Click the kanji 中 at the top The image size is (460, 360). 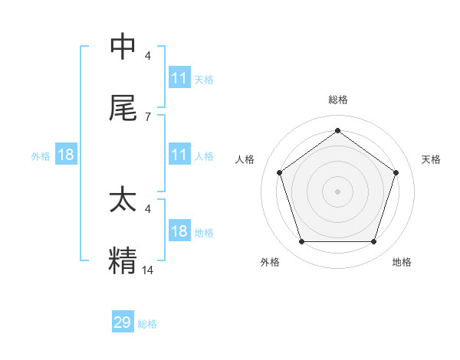point(123,47)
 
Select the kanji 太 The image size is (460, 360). point(123,199)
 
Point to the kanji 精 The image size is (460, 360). point(123,260)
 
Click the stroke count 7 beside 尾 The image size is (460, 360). point(147,116)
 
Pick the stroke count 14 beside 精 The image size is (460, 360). point(148,269)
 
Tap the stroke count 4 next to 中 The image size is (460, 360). point(147,56)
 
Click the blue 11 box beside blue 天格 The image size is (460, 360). point(179,78)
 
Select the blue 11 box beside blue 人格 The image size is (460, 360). point(179,155)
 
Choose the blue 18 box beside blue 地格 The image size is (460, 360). point(179,231)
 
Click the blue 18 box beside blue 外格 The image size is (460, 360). point(66,155)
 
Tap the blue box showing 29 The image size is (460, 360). point(123,322)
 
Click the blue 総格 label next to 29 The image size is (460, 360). point(147,324)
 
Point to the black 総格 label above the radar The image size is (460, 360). point(337,100)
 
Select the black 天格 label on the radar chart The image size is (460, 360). point(432,159)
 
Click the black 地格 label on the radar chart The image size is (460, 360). point(402,262)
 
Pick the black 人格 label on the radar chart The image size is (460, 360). point(245,159)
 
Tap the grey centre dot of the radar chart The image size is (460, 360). point(337,191)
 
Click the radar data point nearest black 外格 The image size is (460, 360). point(301,241)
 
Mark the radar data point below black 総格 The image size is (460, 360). point(337,130)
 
